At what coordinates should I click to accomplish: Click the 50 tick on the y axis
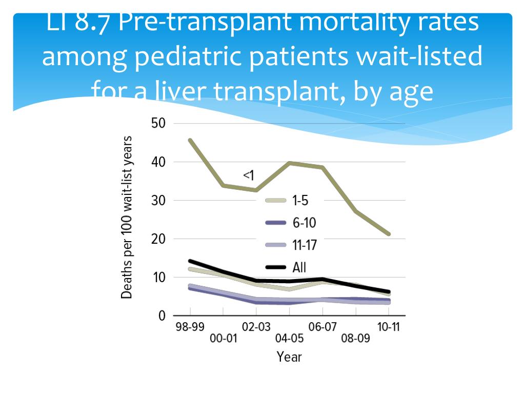tap(158, 124)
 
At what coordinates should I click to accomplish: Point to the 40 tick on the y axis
tap(158, 162)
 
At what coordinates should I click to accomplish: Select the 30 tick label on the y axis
tap(158, 201)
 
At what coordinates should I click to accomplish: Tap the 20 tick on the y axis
tap(158, 239)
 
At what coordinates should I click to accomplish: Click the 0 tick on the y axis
tap(162, 316)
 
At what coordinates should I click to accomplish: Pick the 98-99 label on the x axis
tap(190, 327)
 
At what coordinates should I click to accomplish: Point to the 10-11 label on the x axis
tap(388, 327)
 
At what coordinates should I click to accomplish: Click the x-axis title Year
tap(289, 357)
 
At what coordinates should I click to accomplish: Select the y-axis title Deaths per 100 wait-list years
tap(127, 218)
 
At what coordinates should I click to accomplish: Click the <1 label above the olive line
tap(249, 176)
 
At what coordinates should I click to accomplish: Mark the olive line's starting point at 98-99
tap(190, 140)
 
